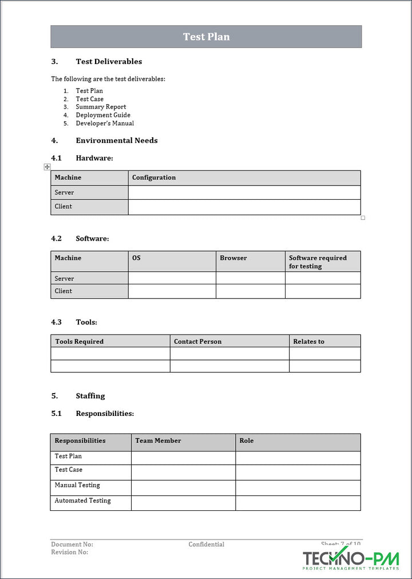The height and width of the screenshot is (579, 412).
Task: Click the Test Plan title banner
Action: pos(206,37)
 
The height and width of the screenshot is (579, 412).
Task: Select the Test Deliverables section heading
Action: pos(109,62)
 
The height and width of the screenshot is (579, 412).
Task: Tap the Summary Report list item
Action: pos(101,107)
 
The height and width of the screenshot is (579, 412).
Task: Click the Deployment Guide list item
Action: pos(103,115)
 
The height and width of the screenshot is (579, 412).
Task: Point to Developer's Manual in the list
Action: pos(105,123)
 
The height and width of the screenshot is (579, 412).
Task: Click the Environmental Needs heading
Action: pos(116,141)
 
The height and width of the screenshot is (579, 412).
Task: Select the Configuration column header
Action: pos(154,177)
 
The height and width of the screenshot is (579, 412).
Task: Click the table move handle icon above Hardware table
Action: pos(47,166)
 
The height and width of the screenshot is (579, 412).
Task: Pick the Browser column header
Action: pos(233,258)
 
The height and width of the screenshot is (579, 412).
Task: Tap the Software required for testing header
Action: pos(318,262)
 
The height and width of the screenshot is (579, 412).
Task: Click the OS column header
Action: pos(136,258)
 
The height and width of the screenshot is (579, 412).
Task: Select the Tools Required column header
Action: pos(80,342)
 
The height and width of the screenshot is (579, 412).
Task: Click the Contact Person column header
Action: pos(197,342)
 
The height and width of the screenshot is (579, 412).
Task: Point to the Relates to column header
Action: pos(308,342)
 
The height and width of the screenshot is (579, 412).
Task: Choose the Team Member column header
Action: pos(158,441)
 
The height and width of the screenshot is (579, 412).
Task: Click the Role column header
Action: pos(247,441)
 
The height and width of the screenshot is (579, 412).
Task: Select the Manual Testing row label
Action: pos(77,485)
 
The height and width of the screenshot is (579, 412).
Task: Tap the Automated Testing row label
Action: pos(82,501)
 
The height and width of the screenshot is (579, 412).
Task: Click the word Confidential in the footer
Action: pos(206,545)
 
